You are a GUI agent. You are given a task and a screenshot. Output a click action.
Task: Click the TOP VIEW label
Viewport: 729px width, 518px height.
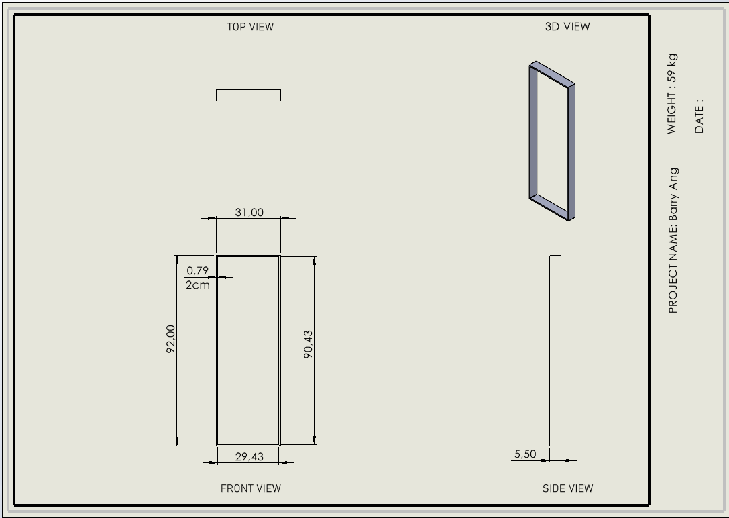pyautogui.click(x=250, y=27)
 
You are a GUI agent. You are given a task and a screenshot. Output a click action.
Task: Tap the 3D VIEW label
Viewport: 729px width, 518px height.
pyautogui.click(x=567, y=27)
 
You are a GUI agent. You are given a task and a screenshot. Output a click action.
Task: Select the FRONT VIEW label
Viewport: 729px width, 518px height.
pyautogui.click(x=251, y=488)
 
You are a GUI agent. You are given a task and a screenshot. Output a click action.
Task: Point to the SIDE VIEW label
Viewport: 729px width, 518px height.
pyautogui.click(x=567, y=488)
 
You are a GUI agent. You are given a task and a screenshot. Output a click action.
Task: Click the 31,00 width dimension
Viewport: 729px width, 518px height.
pyautogui.click(x=249, y=213)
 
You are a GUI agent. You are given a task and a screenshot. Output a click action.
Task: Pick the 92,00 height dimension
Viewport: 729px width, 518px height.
pyautogui.click(x=170, y=339)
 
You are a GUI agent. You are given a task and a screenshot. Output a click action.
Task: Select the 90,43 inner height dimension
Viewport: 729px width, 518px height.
pyautogui.click(x=308, y=345)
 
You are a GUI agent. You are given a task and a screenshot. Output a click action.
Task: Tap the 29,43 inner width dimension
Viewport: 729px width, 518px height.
pyautogui.click(x=249, y=457)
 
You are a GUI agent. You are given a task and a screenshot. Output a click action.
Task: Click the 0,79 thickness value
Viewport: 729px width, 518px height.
pyautogui.click(x=198, y=270)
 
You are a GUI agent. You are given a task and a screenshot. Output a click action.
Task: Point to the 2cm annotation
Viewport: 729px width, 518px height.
pyautogui.click(x=198, y=285)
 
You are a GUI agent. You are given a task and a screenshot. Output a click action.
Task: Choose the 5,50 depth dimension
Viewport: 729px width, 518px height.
pyautogui.click(x=525, y=454)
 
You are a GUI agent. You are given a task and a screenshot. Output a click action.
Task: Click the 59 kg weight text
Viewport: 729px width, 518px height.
pyautogui.click(x=672, y=68)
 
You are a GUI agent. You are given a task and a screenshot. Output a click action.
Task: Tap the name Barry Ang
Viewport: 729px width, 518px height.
pyautogui.click(x=673, y=195)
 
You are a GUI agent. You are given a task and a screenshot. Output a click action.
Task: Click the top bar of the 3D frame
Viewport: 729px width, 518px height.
pyautogui.click(x=553, y=73)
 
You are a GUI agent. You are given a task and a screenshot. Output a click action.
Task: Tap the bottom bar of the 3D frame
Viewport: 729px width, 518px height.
pyautogui.click(x=549, y=207)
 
